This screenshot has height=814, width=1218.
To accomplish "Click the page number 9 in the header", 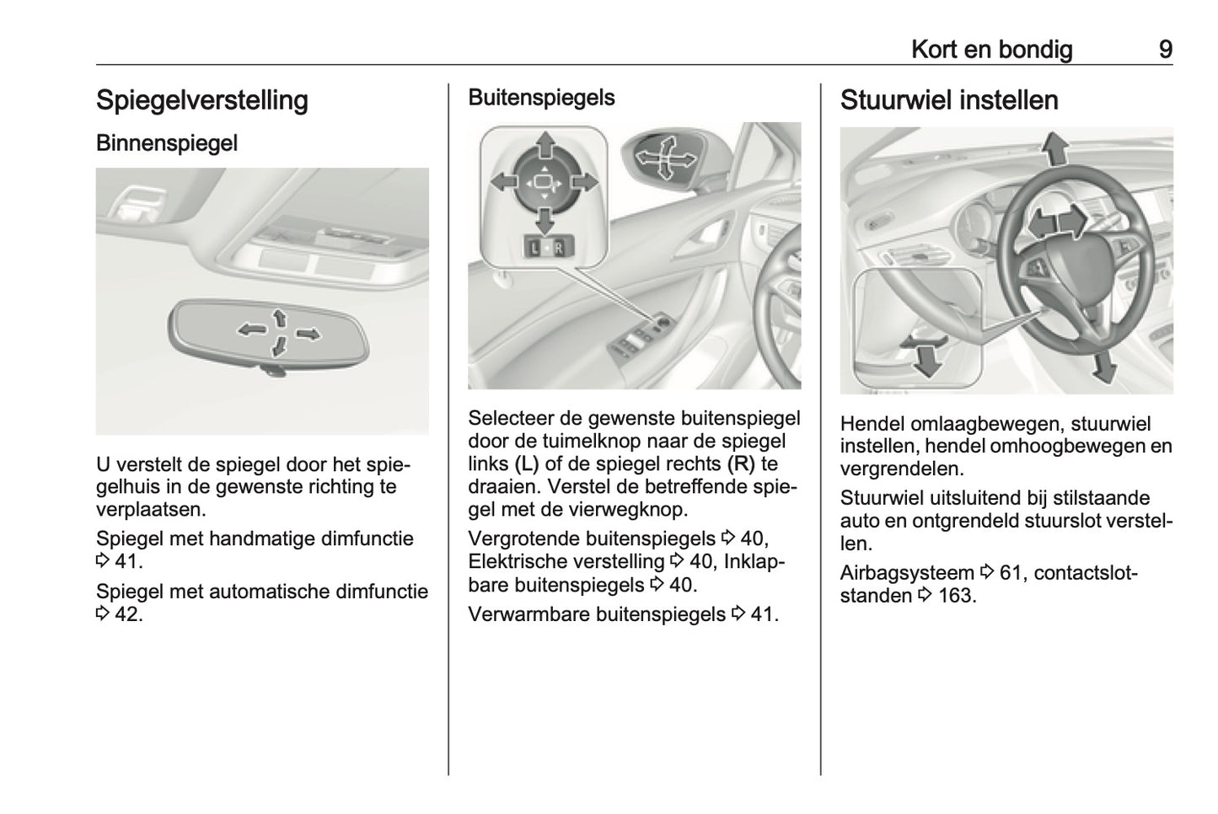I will click(x=1165, y=50).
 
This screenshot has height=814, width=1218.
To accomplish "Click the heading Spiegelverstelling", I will click(x=201, y=100).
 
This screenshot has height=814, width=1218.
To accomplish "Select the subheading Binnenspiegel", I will click(x=167, y=143).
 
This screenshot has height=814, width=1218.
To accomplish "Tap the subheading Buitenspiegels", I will click(x=541, y=98).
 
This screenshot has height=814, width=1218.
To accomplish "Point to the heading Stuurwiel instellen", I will click(x=948, y=100).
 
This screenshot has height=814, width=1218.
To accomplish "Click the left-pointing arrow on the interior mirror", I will click(x=250, y=329).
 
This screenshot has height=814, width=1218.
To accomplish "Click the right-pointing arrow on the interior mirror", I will click(x=309, y=335).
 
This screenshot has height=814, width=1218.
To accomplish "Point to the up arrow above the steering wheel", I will click(x=1054, y=149).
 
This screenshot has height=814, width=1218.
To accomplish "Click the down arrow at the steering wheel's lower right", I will click(x=1102, y=366).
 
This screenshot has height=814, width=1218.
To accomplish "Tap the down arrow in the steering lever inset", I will click(x=928, y=361).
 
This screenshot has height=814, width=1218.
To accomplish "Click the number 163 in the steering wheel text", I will click(x=956, y=596).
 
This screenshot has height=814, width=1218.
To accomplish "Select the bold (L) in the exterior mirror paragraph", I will click(x=523, y=463).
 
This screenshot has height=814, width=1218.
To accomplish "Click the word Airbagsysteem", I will click(x=907, y=573).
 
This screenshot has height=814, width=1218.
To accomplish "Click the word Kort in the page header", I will click(x=933, y=50).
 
